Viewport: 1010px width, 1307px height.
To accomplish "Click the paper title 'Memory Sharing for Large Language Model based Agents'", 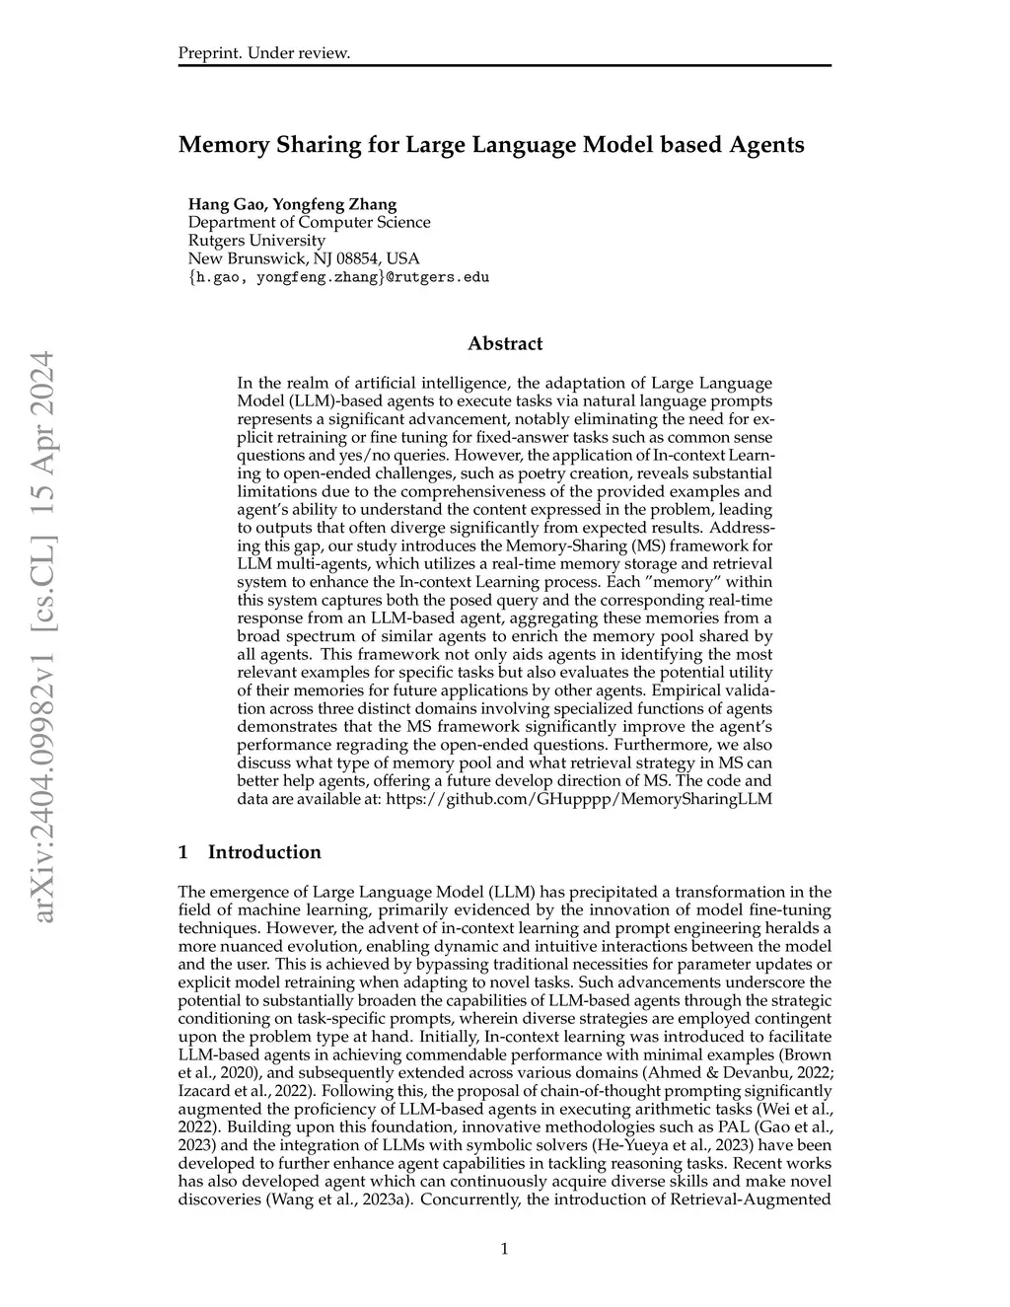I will tap(491, 145).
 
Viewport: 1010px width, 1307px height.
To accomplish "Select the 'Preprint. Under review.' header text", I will tap(264, 52).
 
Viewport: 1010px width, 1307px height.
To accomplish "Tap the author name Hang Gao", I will tap(226, 204).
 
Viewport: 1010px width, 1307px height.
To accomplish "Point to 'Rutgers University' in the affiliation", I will tap(256, 240).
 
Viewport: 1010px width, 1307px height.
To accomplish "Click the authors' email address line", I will tap(338, 277).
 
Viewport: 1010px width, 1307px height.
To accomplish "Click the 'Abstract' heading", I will tap(505, 344).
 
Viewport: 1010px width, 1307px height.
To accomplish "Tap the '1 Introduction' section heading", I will tap(250, 852).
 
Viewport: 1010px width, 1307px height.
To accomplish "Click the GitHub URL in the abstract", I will tap(579, 799).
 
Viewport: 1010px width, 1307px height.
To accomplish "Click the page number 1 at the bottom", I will tap(505, 1250).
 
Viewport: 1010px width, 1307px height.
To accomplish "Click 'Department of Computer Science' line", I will tap(309, 222).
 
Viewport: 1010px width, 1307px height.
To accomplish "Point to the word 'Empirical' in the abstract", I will tap(705, 690).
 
